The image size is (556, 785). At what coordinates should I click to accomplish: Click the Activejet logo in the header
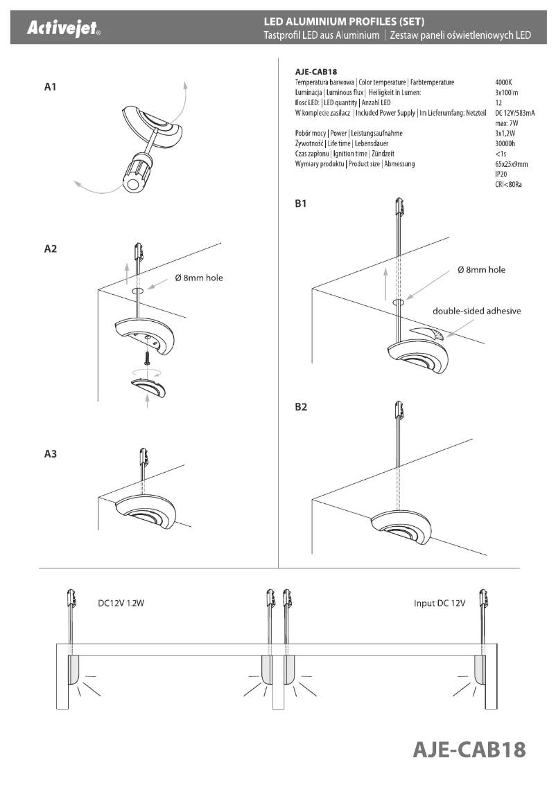pos(63,30)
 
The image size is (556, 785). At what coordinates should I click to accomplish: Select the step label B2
pos(301,408)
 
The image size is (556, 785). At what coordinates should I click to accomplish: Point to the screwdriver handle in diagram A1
pos(137,173)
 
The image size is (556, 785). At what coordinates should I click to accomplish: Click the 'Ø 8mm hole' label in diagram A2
pos(199,278)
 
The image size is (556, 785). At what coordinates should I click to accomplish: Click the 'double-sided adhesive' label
pos(476,311)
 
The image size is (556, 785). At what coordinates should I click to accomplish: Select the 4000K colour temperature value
pos(505,82)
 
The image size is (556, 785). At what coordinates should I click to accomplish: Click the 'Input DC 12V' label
pos(439,604)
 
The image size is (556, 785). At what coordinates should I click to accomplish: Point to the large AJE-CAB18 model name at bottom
pos(469,749)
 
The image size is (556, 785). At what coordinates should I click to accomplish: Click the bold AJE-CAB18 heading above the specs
pos(321,71)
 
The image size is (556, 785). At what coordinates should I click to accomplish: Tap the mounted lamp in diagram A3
pos(146,512)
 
